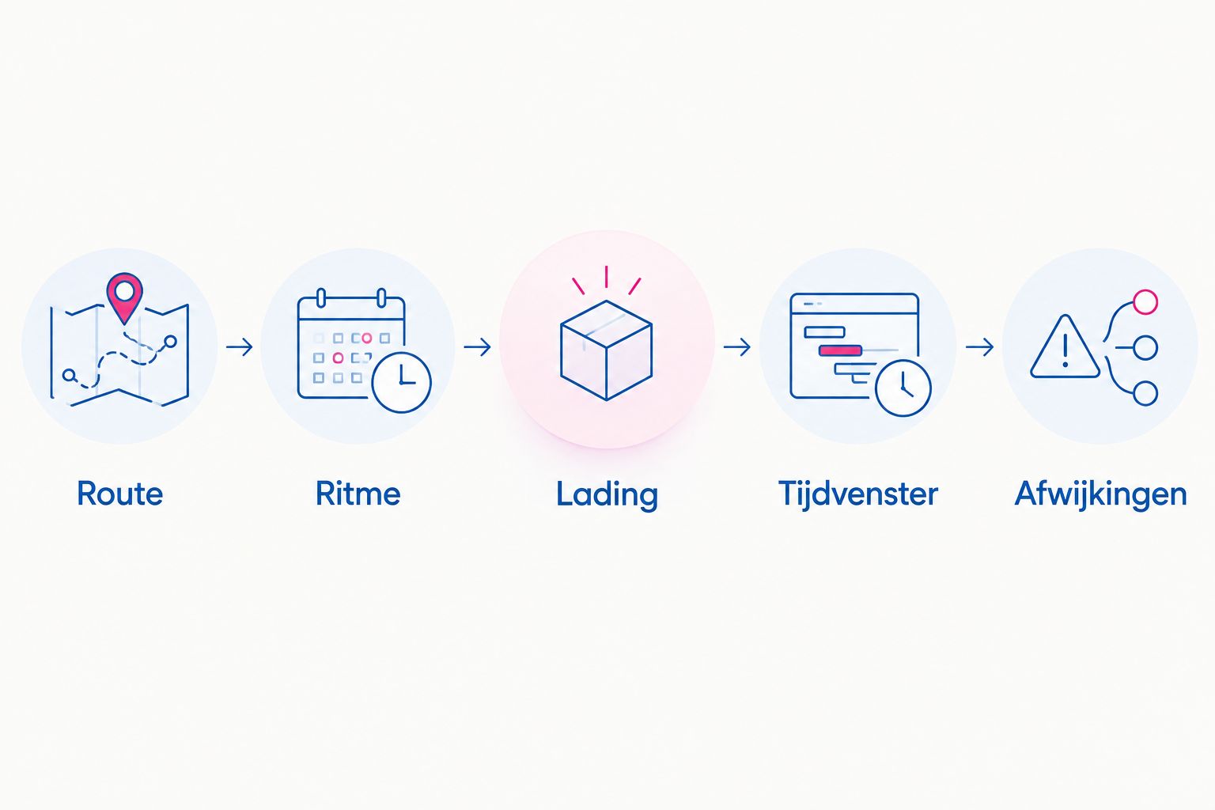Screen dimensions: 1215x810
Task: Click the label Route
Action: tap(120, 494)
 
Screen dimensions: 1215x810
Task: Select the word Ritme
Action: tap(358, 494)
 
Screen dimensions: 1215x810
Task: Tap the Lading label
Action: tap(607, 495)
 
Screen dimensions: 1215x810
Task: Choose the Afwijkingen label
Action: tap(1100, 495)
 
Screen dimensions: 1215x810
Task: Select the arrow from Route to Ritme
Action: tap(240, 346)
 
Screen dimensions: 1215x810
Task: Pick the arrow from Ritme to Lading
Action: tap(477, 346)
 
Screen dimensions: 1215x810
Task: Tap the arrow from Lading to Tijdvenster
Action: tap(737, 346)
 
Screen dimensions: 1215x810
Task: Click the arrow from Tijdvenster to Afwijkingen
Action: tap(979, 346)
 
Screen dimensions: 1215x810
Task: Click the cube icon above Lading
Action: tap(607, 350)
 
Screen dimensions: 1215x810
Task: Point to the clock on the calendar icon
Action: tap(401, 382)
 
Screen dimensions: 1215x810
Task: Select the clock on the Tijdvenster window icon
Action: tap(903, 388)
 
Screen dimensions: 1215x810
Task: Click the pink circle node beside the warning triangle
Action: tap(1145, 302)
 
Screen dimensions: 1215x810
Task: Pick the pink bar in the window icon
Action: tap(840, 350)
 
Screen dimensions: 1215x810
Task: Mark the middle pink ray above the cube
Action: tap(607, 277)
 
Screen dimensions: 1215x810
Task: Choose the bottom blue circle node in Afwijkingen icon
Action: tap(1145, 393)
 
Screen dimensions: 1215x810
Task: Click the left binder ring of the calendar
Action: tap(321, 298)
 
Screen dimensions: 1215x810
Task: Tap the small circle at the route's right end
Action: tap(170, 341)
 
